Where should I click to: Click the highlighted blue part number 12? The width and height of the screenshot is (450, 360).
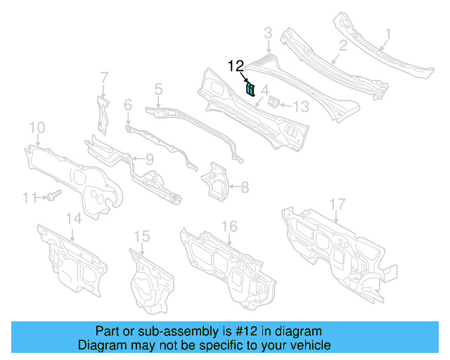[x=250, y=89]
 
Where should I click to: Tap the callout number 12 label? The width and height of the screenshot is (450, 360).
[x=236, y=66]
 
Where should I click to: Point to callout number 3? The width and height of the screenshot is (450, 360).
[x=268, y=32]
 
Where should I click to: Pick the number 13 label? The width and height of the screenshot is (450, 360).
[x=300, y=106]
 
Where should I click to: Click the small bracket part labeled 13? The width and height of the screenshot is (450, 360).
[x=276, y=103]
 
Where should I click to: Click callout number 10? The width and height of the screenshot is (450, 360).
[x=37, y=127]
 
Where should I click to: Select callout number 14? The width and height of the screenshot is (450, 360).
[x=74, y=219]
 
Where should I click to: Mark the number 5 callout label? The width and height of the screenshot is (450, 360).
[x=158, y=89]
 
